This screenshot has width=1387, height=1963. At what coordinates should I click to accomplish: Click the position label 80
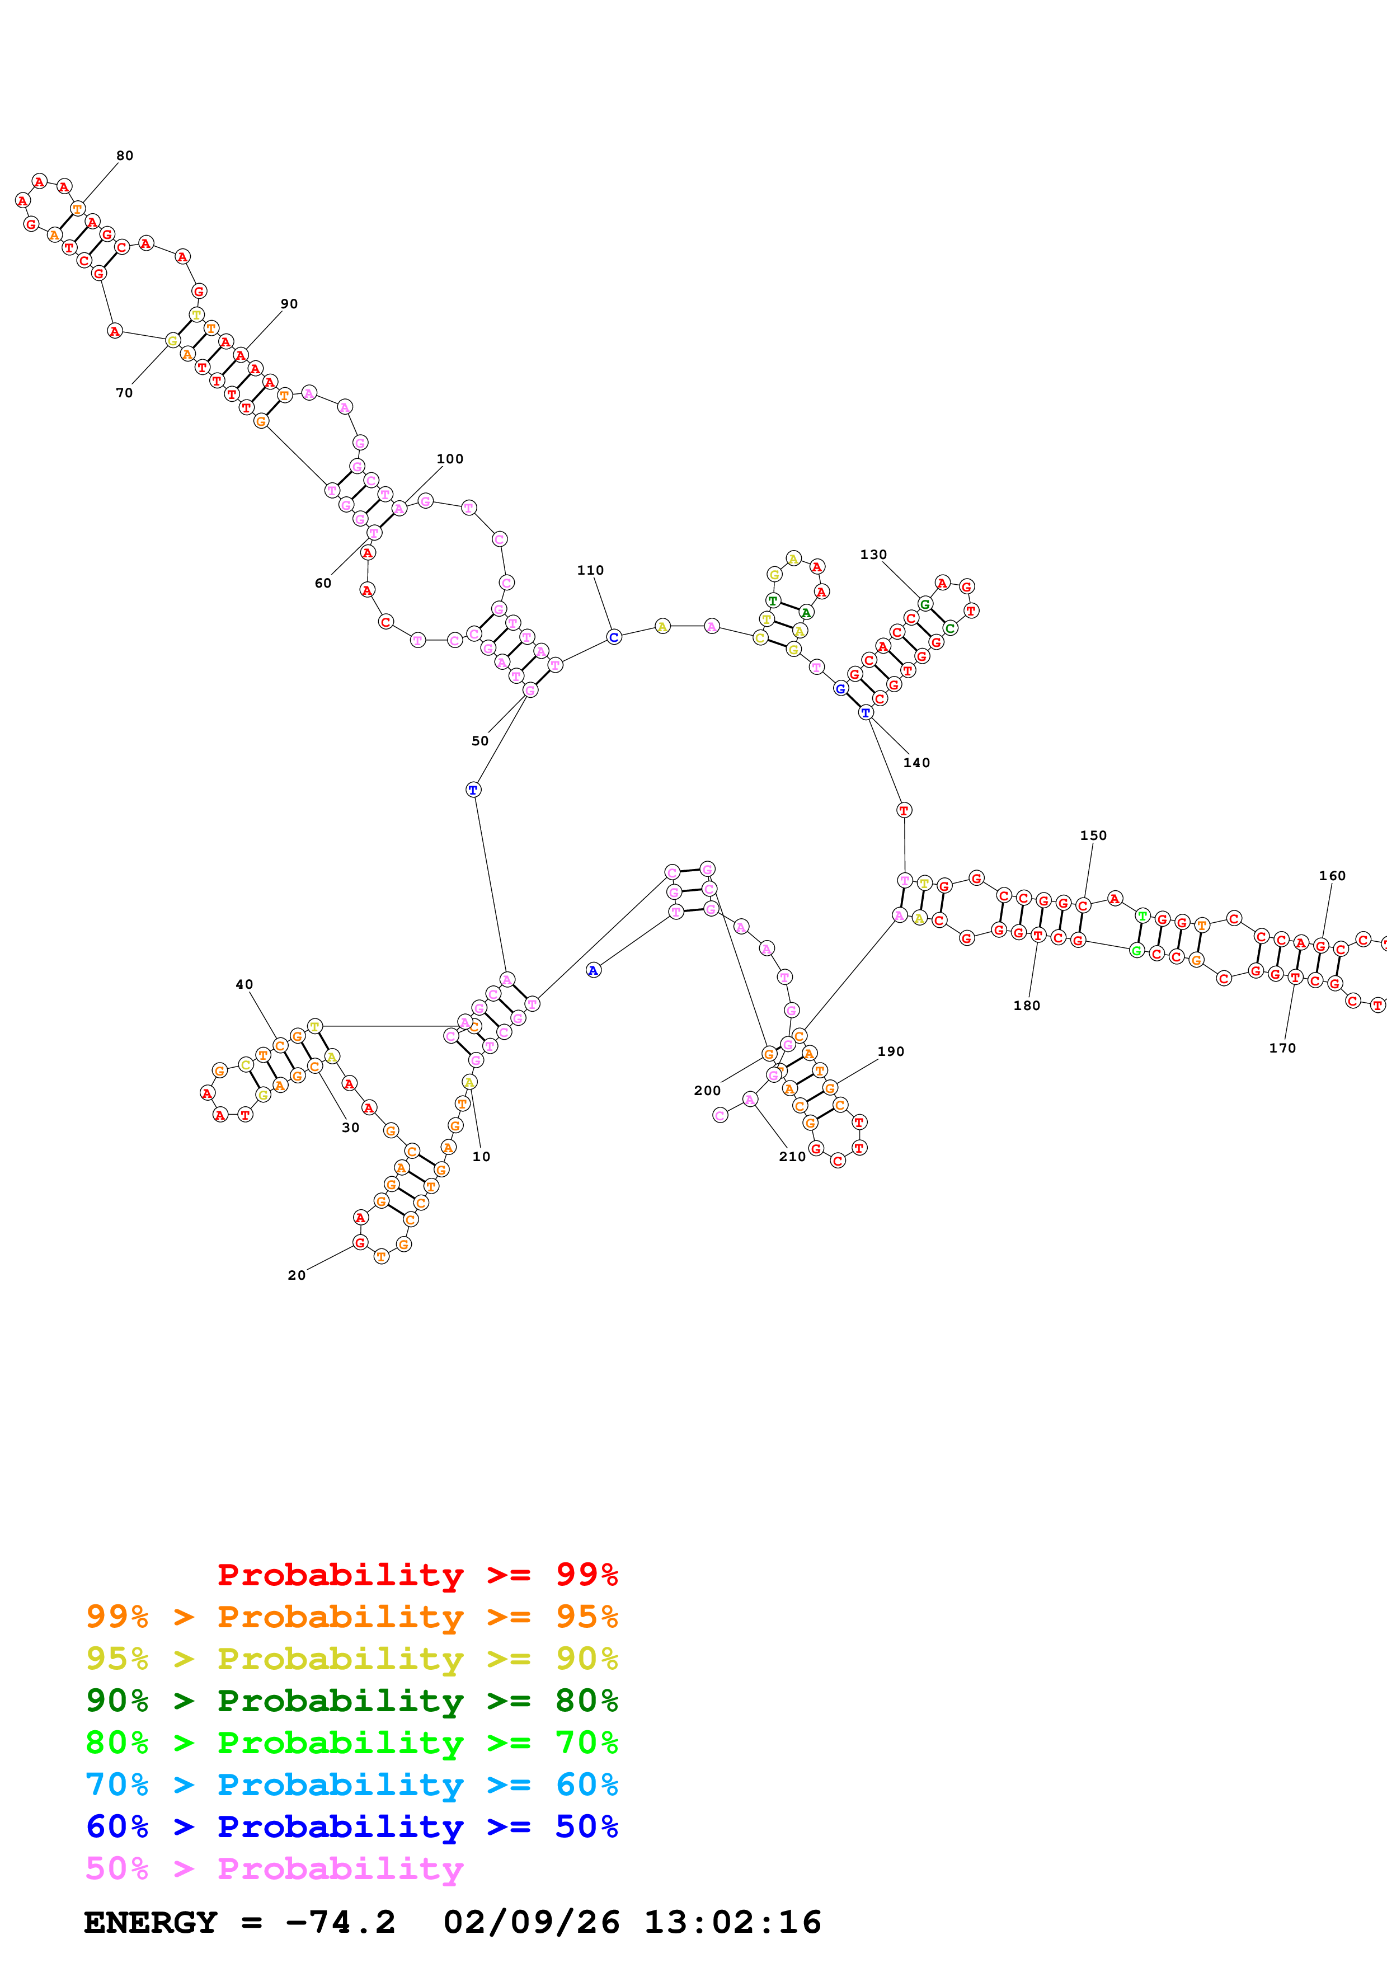click(x=125, y=156)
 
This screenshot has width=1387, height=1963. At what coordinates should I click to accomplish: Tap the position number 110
click(x=590, y=570)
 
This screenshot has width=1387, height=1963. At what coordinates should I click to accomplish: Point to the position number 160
click(x=1332, y=876)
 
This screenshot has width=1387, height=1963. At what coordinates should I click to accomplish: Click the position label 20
click(x=297, y=1275)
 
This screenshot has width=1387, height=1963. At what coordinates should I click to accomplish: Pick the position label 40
click(x=245, y=984)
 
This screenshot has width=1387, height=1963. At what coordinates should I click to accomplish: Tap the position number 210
click(x=792, y=1157)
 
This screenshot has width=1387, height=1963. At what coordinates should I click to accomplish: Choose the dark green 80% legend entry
click(x=351, y=1701)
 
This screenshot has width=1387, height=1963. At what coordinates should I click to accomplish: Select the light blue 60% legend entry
click(x=351, y=1784)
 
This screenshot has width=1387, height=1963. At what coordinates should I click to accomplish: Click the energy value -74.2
click(x=340, y=1922)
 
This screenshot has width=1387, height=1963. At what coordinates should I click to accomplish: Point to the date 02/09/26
click(x=531, y=1922)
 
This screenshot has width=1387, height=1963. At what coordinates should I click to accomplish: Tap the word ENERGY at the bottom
click(x=151, y=1922)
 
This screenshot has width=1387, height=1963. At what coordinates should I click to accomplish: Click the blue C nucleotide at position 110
click(x=614, y=637)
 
